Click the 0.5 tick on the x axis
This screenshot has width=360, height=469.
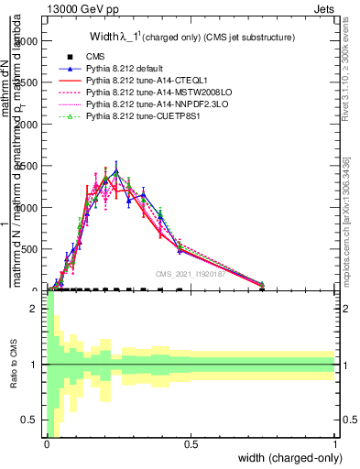[191, 444]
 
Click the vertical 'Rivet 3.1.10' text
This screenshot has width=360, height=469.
[345, 64]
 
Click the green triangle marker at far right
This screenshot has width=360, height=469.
[261, 284]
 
